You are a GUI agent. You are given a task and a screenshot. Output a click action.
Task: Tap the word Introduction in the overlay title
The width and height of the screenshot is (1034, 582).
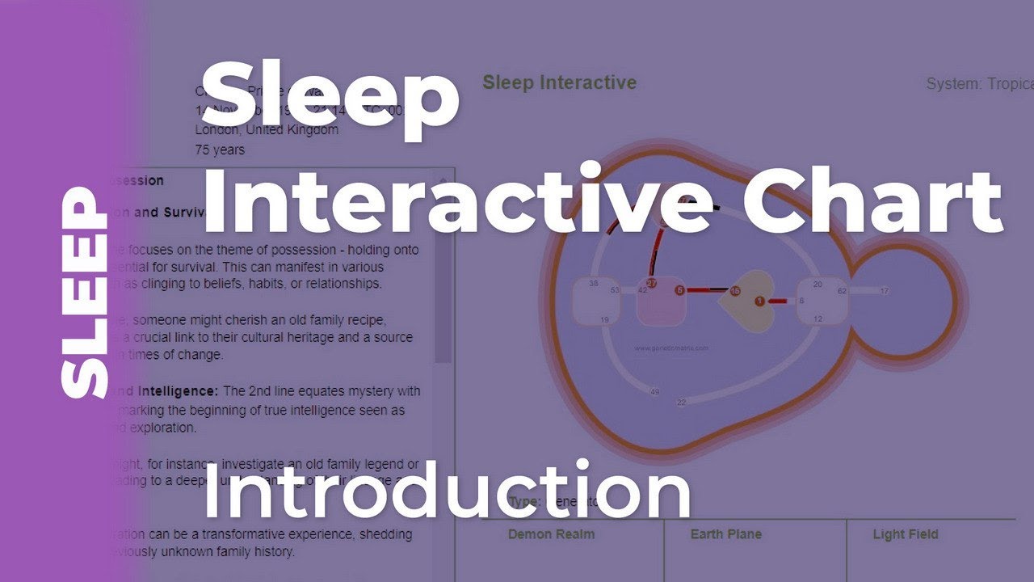[x=447, y=490]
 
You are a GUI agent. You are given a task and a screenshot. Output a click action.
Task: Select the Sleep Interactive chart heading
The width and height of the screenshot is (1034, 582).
[x=559, y=82]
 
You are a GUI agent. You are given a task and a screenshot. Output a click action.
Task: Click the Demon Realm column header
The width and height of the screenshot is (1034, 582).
[x=551, y=534]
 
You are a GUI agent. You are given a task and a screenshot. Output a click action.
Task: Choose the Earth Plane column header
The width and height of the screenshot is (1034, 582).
[x=725, y=534]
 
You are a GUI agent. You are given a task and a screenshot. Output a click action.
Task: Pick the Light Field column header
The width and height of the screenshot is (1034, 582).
[x=905, y=534]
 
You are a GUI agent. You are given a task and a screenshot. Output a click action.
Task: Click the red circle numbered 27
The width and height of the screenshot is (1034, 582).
[x=651, y=284]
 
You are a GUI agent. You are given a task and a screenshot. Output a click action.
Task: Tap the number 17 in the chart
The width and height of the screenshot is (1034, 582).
[x=884, y=291]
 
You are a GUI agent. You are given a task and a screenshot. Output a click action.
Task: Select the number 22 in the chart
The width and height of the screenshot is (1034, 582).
[x=682, y=402]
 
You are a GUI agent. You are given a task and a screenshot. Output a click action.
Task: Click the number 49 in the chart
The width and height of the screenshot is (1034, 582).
[x=654, y=392]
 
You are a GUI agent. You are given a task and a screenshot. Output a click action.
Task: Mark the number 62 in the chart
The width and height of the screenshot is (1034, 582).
[x=842, y=290]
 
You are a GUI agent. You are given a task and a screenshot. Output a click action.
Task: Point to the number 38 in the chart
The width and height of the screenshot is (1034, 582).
[x=594, y=284]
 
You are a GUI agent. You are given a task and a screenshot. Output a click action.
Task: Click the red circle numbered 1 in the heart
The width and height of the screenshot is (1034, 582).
[x=759, y=301]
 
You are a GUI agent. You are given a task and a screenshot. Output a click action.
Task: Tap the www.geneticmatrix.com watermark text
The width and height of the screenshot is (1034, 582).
[x=671, y=348]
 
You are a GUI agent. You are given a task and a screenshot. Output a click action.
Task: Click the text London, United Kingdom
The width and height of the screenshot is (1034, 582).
[x=267, y=130]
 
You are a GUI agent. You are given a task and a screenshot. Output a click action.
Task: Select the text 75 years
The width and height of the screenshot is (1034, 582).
[x=220, y=150]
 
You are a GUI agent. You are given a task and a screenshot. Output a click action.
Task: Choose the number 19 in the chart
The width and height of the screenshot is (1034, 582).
[x=604, y=320]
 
